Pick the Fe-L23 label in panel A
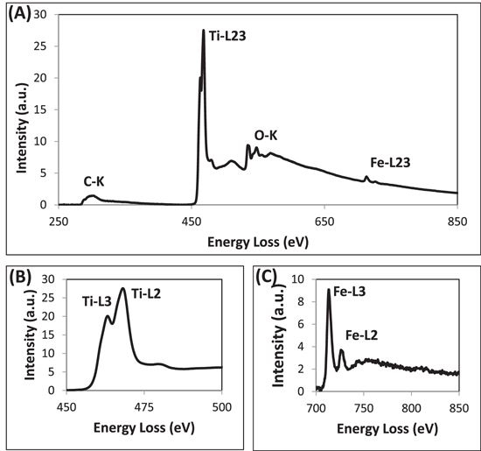click(390, 162)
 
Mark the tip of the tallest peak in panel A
click(204, 31)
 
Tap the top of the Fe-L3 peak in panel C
click(328, 290)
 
